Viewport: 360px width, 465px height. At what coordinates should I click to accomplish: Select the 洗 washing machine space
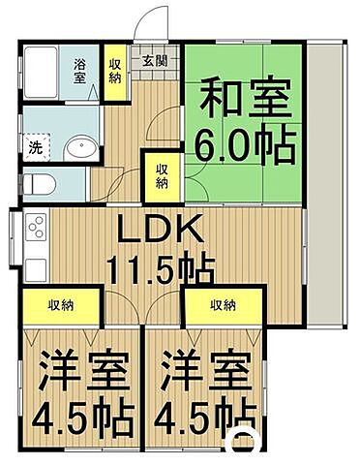(x=36, y=148)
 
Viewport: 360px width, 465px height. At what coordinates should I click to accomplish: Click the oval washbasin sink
(x=77, y=149)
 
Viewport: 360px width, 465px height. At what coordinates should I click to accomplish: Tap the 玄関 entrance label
(x=155, y=60)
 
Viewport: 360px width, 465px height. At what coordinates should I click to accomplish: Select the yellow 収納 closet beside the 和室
(x=162, y=177)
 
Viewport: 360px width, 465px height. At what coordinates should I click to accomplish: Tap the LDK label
(x=160, y=231)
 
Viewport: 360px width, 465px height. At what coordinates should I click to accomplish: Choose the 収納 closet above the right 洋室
(x=223, y=306)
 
